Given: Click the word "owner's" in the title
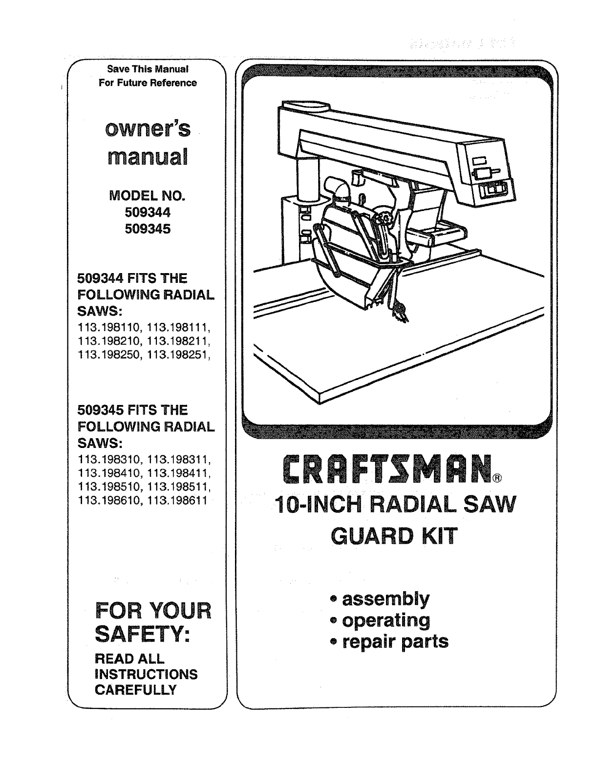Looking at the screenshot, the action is [147, 129].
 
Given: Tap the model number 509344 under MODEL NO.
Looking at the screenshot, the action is [147, 213].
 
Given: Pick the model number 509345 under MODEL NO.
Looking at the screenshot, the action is [147, 229].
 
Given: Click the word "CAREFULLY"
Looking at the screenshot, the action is [135, 690].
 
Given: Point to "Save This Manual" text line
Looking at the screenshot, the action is [148, 68].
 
